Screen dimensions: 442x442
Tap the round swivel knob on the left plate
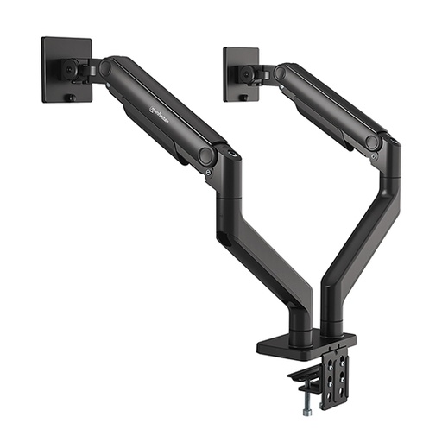click(x=65, y=68)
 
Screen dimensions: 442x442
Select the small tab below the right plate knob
click(x=244, y=98)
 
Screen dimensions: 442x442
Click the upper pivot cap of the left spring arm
click(x=105, y=68)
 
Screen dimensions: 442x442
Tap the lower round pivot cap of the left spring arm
click(x=207, y=156)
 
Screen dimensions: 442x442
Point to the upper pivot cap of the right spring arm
click(x=279, y=73)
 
